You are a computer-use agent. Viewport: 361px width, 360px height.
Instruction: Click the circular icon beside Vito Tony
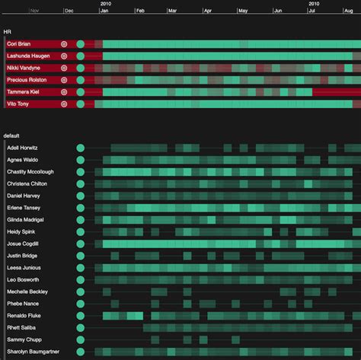point(64,104)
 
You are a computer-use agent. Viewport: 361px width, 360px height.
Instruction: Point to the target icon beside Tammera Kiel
point(64,92)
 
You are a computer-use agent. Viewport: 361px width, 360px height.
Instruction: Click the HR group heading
point(8,32)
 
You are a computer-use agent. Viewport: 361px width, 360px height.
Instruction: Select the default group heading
point(13,135)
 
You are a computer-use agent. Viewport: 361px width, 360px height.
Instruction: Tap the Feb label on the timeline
point(140,11)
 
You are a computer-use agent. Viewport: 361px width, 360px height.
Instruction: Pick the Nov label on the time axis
point(34,11)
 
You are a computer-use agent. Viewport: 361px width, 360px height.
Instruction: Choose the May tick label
point(242,11)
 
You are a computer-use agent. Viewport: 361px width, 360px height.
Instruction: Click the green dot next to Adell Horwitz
point(80,148)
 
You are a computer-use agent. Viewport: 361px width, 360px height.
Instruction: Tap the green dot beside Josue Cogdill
point(80,244)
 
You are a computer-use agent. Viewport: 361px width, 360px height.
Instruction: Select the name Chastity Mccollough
point(30,172)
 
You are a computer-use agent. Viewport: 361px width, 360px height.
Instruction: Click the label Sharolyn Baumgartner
point(33,352)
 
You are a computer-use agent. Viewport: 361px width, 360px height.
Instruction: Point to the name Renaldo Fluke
point(23,316)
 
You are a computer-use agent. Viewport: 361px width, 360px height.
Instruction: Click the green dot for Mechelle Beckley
point(80,292)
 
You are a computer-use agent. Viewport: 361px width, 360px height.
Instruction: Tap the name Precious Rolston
point(27,80)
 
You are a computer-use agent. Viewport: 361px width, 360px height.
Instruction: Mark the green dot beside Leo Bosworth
point(80,279)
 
